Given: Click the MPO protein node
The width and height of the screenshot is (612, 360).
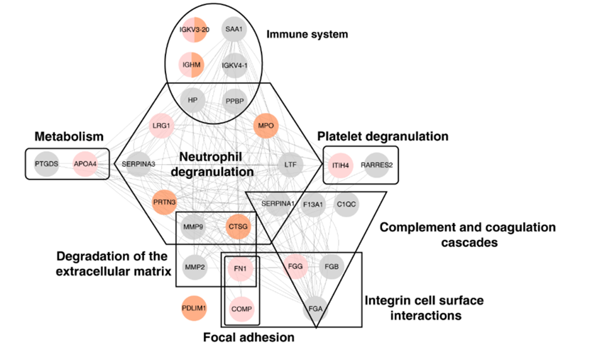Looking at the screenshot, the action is (x=266, y=126).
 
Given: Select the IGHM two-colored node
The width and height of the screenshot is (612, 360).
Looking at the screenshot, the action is (x=191, y=65).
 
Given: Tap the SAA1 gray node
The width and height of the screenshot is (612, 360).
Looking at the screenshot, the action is (x=234, y=29).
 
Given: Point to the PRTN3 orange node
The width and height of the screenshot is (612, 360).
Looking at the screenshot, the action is (x=164, y=202).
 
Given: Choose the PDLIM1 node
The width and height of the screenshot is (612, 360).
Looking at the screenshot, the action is (x=194, y=308).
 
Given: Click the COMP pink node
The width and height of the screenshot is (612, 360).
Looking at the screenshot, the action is (x=241, y=309).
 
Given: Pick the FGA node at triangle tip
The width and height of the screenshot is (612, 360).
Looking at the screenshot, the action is (x=315, y=309).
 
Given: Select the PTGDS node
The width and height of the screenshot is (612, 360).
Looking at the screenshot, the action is (x=46, y=163).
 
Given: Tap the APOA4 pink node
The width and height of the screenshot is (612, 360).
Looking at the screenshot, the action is (x=85, y=163).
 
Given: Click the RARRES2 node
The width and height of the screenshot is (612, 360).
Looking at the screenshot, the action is (x=377, y=165).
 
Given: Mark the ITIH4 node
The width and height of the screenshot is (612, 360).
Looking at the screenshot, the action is (x=340, y=165).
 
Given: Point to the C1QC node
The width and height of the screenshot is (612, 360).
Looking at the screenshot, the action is (x=346, y=204).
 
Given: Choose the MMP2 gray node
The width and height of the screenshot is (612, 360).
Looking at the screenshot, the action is (x=195, y=267).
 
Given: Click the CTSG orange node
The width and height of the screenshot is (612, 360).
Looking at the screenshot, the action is (x=238, y=227).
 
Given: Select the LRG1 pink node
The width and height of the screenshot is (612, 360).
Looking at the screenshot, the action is (x=161, y=126).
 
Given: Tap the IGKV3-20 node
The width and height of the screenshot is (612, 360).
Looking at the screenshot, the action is (x=195, y=29).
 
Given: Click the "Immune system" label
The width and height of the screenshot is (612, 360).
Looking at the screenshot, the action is (x=307, y=34).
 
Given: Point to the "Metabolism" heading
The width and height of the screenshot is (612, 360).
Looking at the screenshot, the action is (x=69, y=136).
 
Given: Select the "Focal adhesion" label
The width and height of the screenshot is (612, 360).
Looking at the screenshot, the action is (x=248, y=337).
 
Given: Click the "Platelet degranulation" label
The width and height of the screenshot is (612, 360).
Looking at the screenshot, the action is (x=383, y=136).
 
